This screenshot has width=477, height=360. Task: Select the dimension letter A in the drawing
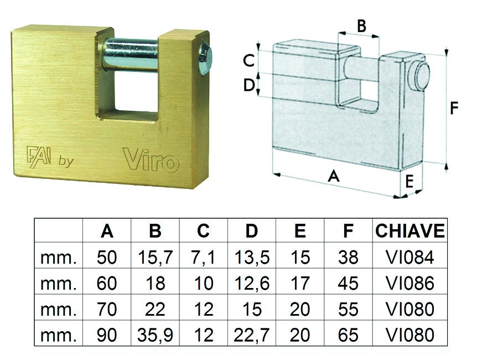[x=333, y=176]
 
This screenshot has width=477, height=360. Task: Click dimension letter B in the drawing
[x=360, y=25]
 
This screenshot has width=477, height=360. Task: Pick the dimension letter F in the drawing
[x=454, y=108]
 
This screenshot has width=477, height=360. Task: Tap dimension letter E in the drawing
[x=409, y=181]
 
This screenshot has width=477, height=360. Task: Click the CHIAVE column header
[x=409, y=231]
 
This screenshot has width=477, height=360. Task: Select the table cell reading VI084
[x=409, y=258]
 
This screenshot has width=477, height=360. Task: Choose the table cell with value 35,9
[x=155, y=334]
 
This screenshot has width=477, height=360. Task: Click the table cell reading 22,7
[x=252, y=334]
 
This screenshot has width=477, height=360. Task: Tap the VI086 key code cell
[x=409, y=283]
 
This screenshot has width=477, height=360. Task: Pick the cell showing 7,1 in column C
[x=204, y=258]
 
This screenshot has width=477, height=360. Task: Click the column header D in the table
[x=252, y=231]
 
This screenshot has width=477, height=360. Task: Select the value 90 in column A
[x=107, y=334]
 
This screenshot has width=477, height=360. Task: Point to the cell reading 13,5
[x=252, y=258]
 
